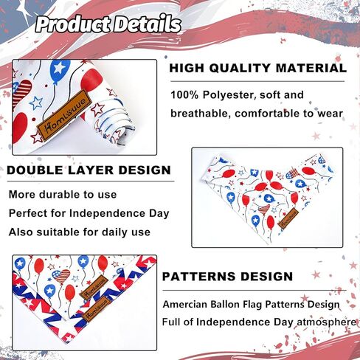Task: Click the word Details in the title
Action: pos(148,24)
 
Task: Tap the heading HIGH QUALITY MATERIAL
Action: pos(258,68)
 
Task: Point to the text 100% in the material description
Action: pos(184,94)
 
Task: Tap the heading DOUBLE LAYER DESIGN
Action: pos(89,170)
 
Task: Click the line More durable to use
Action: pos(63,195)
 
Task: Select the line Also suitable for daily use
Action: pos(80,232)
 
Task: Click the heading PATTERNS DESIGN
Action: pos(227,277)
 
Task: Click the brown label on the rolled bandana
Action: pos(63,115)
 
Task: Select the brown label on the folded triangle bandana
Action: pos(288,218)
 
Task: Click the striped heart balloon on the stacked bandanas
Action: pos(61,277)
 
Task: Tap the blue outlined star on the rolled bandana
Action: pos(36,103)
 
